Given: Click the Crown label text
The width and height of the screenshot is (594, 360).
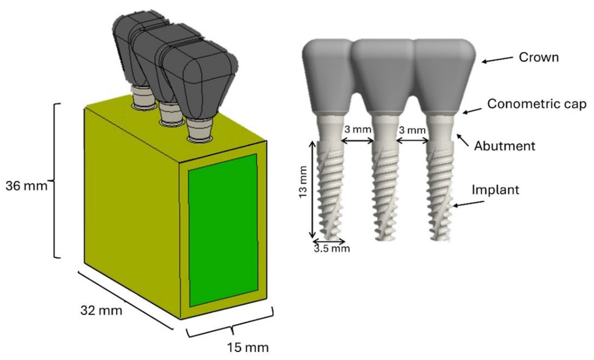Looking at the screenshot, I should [538, 57].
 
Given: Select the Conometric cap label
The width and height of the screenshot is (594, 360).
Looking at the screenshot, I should [537, 104].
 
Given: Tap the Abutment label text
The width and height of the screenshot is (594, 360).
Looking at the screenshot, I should [504, 146].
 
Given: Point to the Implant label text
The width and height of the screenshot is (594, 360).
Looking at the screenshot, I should [495, 190].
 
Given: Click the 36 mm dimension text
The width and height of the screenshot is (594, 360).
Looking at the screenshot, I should [26, 186].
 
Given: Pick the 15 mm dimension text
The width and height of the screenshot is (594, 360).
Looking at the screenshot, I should [248, 348].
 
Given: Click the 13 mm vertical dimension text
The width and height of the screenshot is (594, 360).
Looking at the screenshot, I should [303, 182].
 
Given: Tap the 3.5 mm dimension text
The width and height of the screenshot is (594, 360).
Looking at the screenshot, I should [332, 249].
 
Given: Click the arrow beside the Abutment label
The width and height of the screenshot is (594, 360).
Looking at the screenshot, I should [463, 140].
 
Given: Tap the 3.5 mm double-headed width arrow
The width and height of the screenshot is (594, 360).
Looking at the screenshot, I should [329, 241].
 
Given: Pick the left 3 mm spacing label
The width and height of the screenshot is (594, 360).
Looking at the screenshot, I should [358, 129].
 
